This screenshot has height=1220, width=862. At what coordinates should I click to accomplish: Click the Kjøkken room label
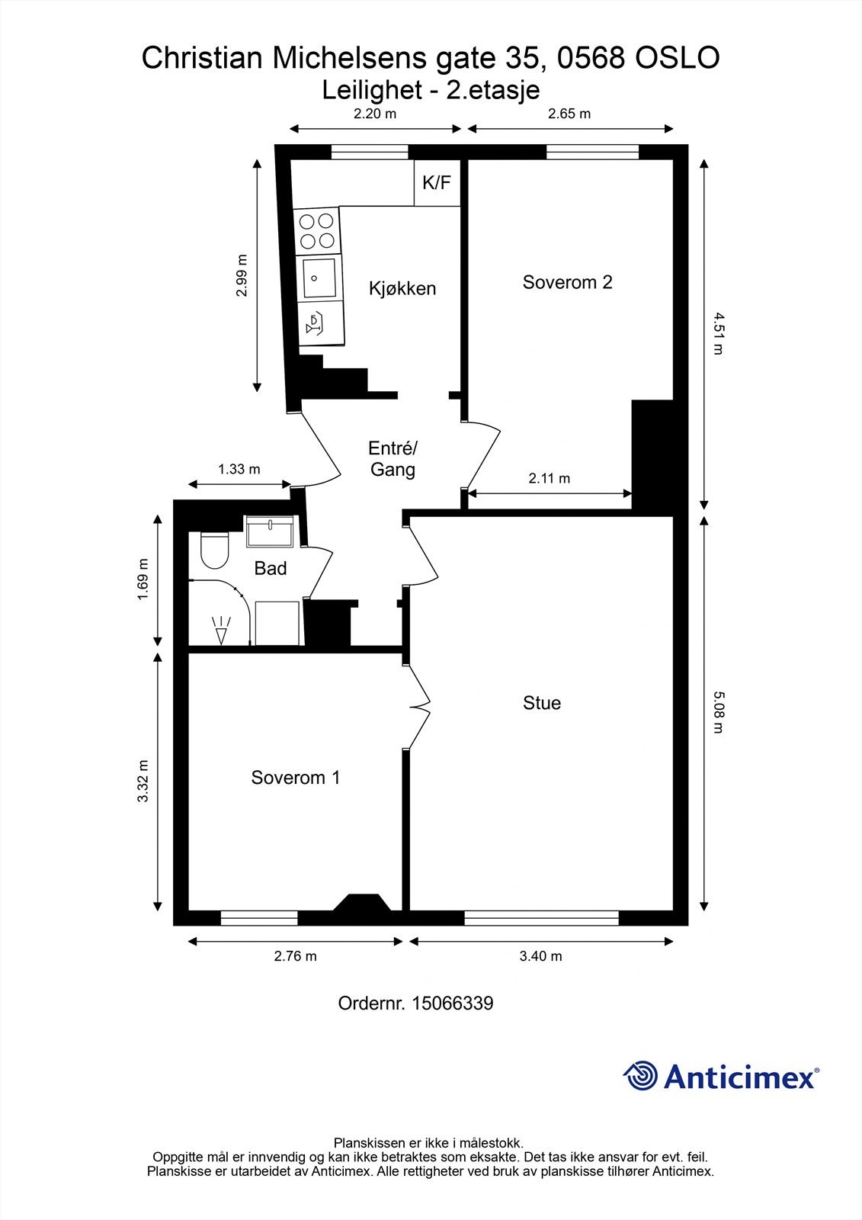pos(402,288)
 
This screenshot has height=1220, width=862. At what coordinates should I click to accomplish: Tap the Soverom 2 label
pos(567,282)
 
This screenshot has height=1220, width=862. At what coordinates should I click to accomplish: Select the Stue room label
pos(542,702)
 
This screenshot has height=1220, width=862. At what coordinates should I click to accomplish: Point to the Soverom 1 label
pos(296,777)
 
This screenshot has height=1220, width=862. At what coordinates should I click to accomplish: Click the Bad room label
pos(270,569)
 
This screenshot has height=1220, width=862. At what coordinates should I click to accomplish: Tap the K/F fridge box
pos(437,182)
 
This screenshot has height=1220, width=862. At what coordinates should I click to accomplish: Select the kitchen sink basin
pos(319,278)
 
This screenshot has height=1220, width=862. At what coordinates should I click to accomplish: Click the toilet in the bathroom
pos(214,550)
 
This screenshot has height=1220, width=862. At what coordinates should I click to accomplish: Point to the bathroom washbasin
pos(270,531)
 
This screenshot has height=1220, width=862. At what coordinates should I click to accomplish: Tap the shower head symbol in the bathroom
pos(221,631)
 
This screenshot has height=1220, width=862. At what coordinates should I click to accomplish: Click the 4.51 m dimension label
pos(719,333)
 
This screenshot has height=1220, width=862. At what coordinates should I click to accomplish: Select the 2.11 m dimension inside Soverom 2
pos(550,478)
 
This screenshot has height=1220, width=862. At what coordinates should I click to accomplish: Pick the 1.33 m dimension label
pos(239,469)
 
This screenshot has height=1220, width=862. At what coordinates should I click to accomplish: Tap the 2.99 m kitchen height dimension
pos(242,275)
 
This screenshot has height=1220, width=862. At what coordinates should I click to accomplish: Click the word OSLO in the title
pos(678,58)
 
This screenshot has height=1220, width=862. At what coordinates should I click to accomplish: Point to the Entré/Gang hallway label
pos(393,459)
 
